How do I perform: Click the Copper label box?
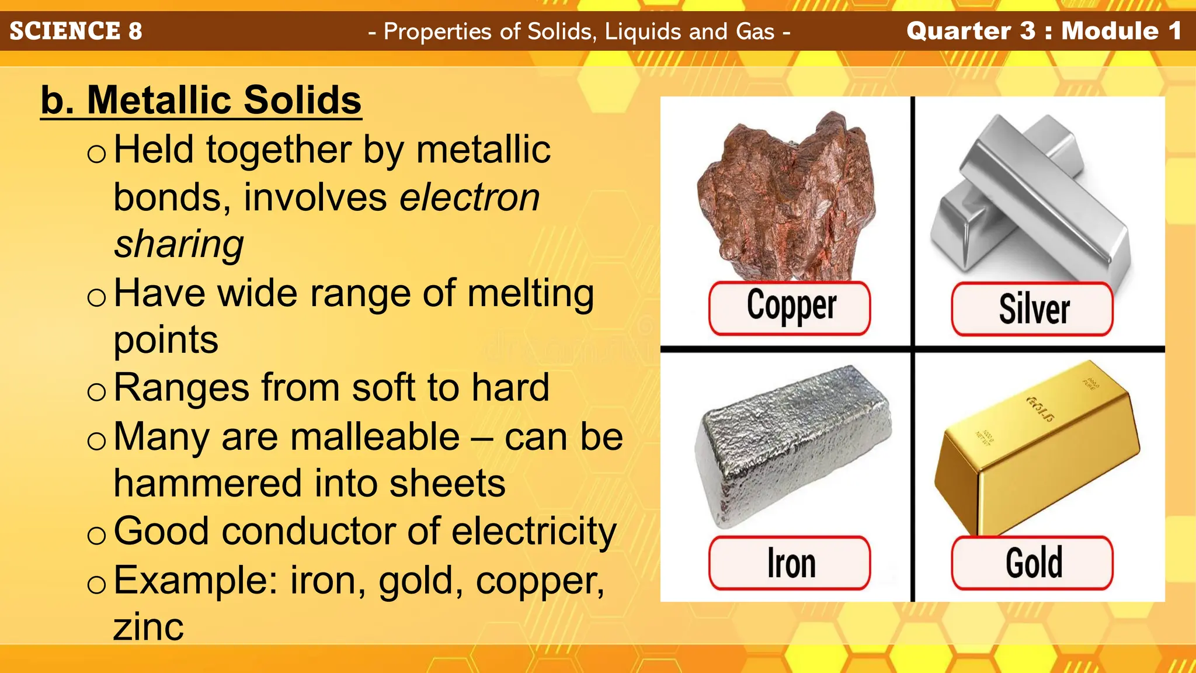pos(790,308)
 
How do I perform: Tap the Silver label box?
pos(1032,309)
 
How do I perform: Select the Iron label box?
pos(790,563)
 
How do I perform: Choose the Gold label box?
pos(1032,563)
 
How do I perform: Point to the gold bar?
pos(1037,450)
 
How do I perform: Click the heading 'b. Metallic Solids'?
pos(201,100)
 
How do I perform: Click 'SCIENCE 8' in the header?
pos(76,31)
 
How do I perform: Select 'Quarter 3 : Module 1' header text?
pos(1044,31)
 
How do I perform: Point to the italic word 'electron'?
pos(470,197)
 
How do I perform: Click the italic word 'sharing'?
pos(179,244)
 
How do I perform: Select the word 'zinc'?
pos(148,627)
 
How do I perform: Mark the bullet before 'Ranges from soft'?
pos(96,391)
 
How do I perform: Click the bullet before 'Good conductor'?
pos(96,535)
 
